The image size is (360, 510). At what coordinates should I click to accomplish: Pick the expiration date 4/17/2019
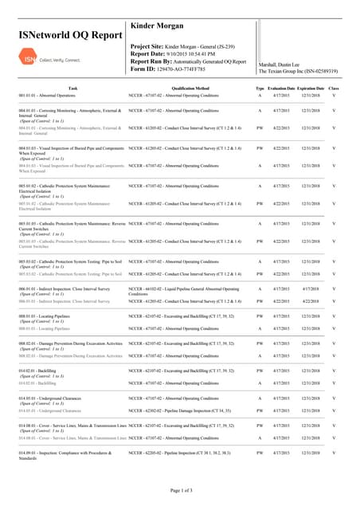click(x=311, y=288)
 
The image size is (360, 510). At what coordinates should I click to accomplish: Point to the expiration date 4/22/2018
click(x=311, y=301)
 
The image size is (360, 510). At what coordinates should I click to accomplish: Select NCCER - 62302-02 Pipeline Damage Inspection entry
click(x=180, y=411)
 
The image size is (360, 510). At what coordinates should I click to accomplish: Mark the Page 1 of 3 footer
click(x=179, y=490)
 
